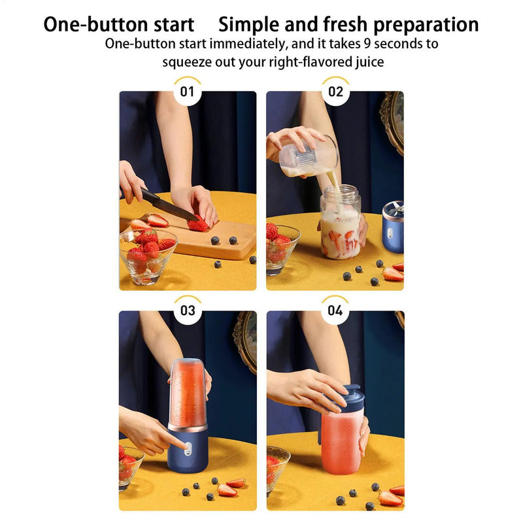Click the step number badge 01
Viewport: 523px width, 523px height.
point(188,92)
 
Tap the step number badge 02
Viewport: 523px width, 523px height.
point(335,92)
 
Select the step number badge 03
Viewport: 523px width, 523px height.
point(188,311)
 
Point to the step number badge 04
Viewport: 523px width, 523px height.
point(335,311)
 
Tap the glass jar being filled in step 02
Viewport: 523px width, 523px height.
point(340,226)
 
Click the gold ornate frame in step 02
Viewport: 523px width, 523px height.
point(392,121)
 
